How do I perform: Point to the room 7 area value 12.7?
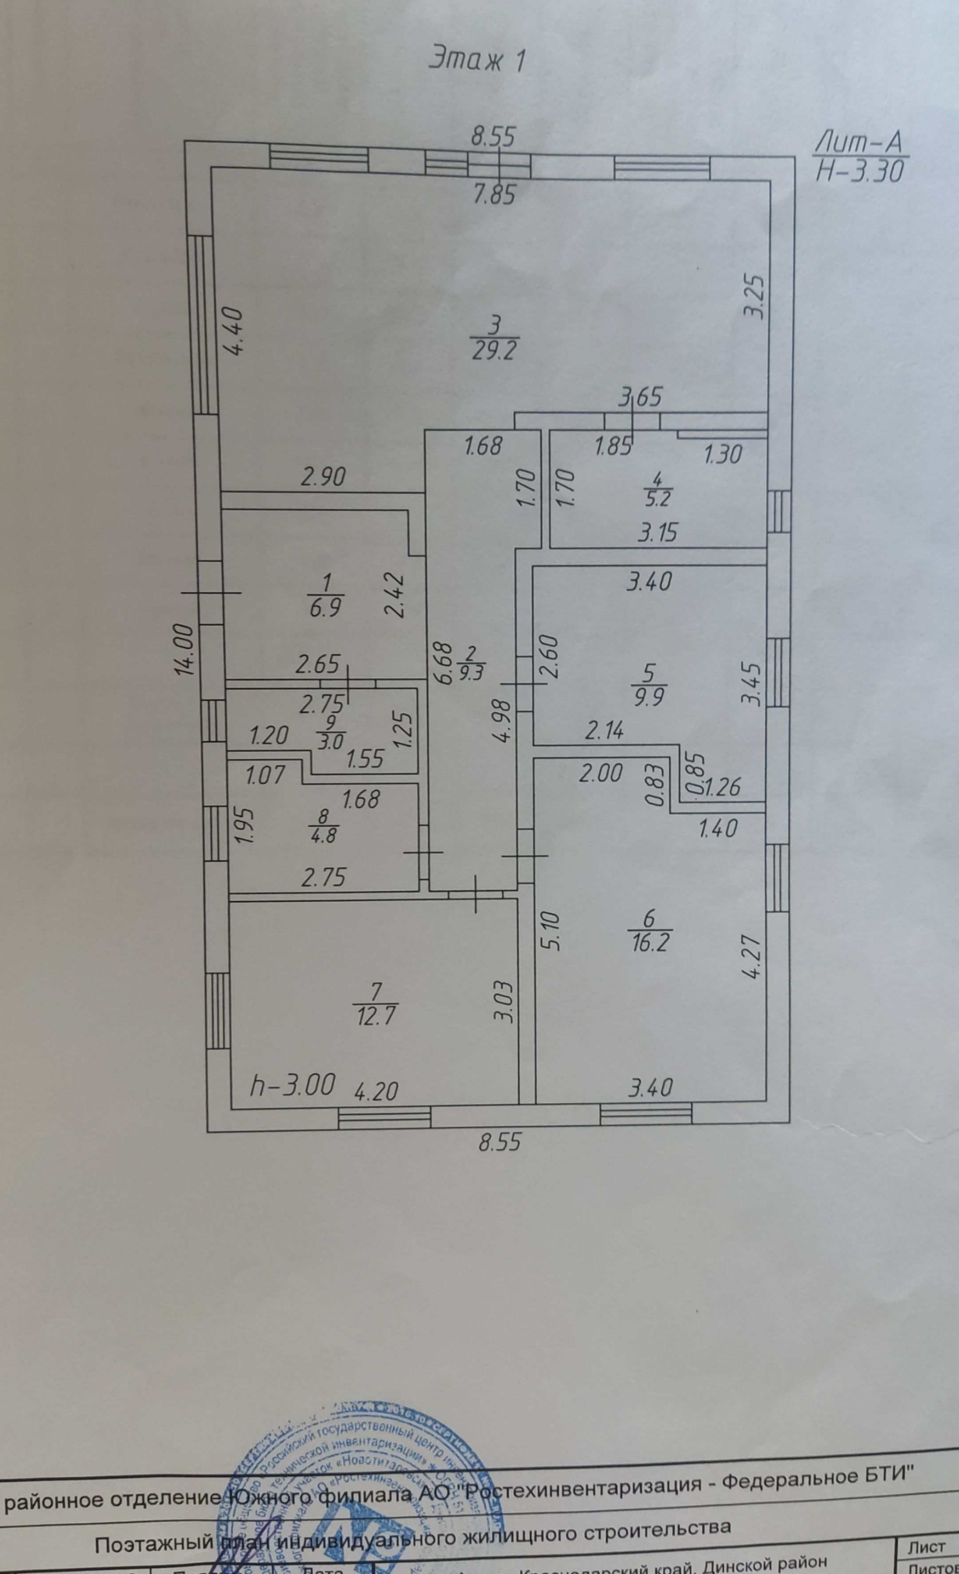[x=374, y=1015]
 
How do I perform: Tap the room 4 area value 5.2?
[x=658, y=499]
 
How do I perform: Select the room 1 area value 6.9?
[x=325, y=607]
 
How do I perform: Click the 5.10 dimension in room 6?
[x=553, y=931]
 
